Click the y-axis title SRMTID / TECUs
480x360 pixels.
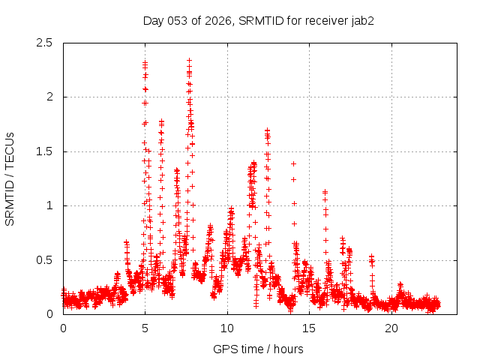(x=10, y=178)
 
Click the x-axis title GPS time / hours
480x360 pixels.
(x=258, y=349)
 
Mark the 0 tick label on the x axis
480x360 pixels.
(x=63, y=328)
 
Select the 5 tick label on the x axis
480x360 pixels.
(x=145, y=328)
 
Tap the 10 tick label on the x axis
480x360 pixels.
(x=227, y=328)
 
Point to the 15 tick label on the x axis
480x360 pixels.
(x=309, y=328)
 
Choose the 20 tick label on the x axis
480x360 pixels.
(x=391, y=328)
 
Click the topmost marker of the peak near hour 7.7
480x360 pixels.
(x=189, y=60)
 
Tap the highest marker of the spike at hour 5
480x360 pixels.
(x=145, y=63)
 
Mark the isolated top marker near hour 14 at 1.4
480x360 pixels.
(x=293, y=163)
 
